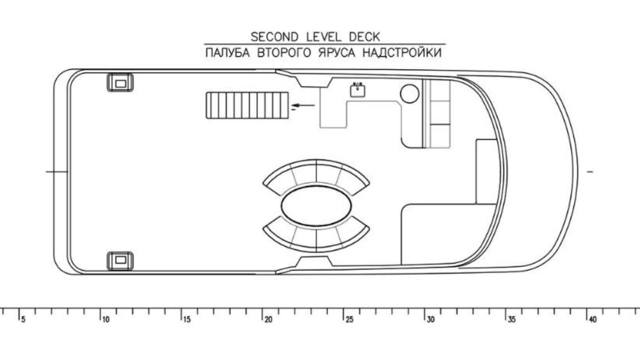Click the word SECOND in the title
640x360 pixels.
click(274, 37)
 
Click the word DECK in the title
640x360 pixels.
click(364, 37)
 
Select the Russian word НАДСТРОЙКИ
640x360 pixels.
click(402, 53)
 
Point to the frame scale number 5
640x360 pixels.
click(23, 320)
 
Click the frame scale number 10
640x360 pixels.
click(105, 320)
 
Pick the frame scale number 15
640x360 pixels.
click(187, 320)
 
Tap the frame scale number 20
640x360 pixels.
click(268, 320)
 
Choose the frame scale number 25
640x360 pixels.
click(349, 320)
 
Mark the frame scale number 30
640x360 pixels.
click(431, 320)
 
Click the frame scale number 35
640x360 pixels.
click(512, 320)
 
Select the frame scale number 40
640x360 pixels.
click(593, 320)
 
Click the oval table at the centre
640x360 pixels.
click(316, 206)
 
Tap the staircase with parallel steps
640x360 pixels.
click(247, 105)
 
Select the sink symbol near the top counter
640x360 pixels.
click(357, 90)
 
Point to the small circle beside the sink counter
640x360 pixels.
click(409, 93)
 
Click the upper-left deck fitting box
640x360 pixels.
click(120, 83)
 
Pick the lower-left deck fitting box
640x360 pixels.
click(120, 260)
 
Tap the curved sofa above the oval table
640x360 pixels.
click(316, 173)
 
